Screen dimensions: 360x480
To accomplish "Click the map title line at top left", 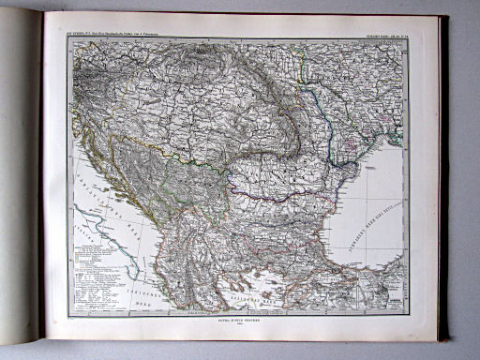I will [121, 34].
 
